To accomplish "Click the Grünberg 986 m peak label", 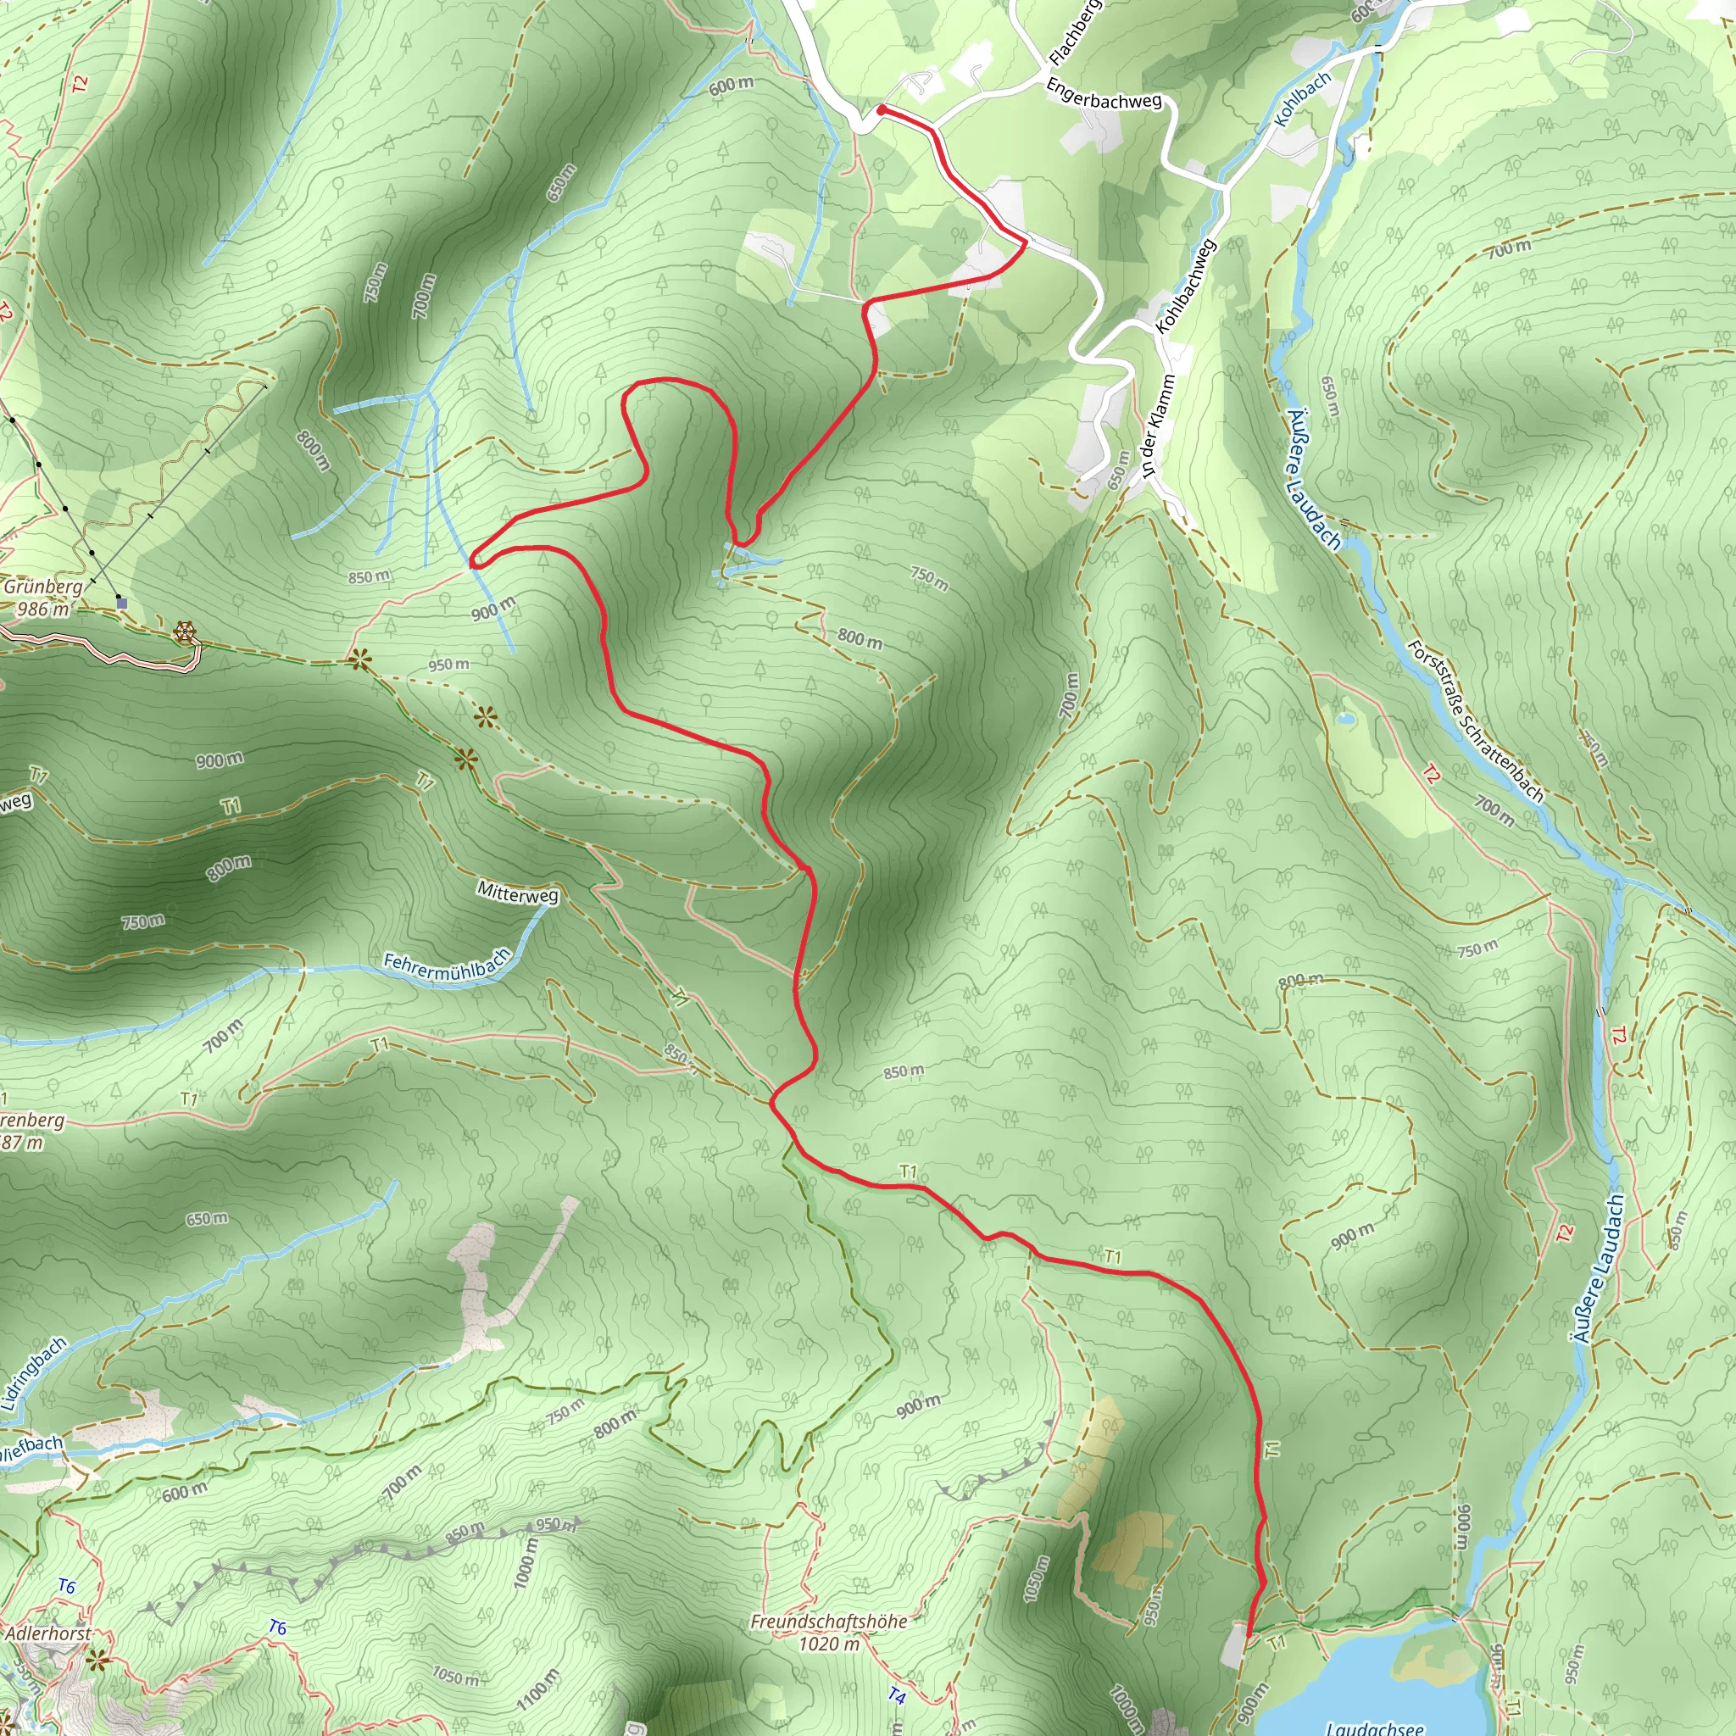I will click(x=42, y=598).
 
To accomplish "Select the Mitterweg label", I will click(x=518, y=893).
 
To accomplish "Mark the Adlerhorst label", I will click(x=48, y=1633).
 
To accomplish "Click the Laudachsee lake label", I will click(x=1375, y=1728).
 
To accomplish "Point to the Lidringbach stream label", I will click(x=34, y=1374).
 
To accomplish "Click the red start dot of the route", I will click(x=882, y=109).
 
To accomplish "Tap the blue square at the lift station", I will click(x=122, y=603).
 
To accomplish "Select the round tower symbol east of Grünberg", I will click(x=185, y=632).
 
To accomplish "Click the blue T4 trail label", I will click(x=897, y=1695).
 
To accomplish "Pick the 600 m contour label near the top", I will click(x=731, y=86).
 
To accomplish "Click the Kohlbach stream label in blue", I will click(x=1302, y=100).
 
